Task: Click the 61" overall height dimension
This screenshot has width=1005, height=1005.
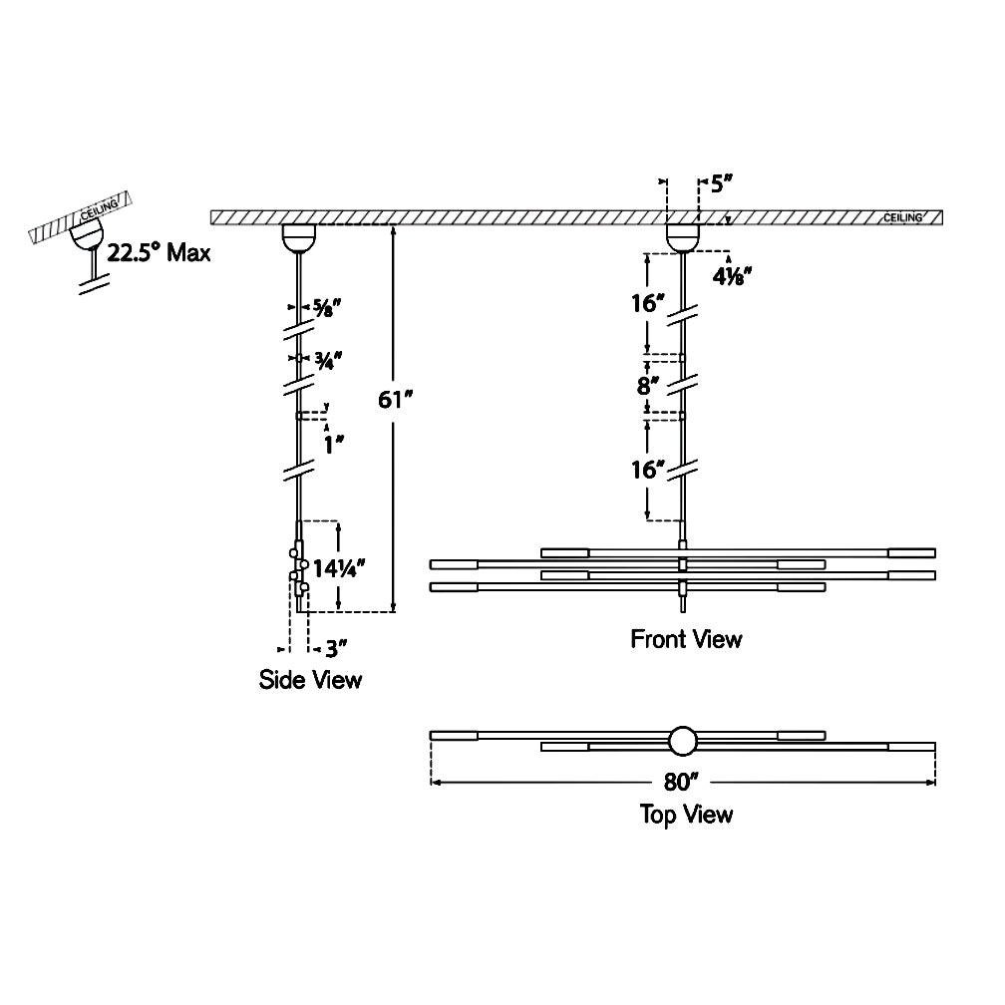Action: point(396,401)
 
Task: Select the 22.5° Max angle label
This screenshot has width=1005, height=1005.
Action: point(160,252)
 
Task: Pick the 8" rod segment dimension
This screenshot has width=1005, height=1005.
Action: point(649,385)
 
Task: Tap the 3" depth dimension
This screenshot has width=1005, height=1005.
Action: point(335,649)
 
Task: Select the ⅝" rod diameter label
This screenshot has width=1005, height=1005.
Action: point(328,307)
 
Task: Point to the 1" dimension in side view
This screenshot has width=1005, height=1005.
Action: point(333,445)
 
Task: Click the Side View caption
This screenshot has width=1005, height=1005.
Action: point(310,681)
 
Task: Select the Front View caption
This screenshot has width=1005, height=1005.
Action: point(686,639)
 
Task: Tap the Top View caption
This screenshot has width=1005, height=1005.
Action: point(686,815)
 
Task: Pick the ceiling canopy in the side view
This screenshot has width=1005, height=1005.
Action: point(298,237)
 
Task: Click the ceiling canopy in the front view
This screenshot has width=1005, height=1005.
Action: point(683,237)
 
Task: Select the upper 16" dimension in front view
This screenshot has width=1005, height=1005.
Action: point(649,302)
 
